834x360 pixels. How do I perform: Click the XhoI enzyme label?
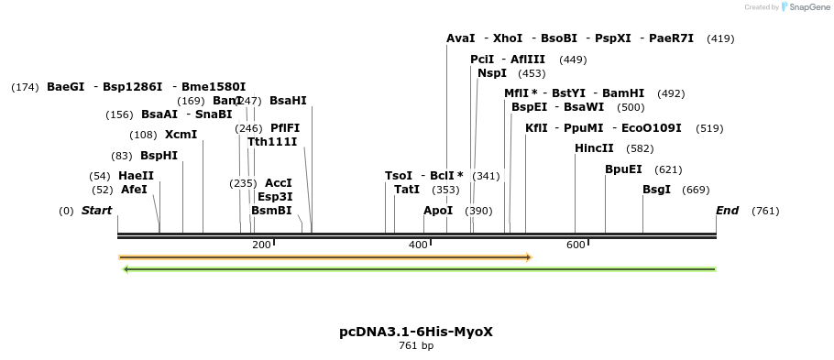(x=508, y=38)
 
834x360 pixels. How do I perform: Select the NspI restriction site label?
(x=492, y=73)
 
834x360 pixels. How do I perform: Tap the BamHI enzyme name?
(x=623, y=93)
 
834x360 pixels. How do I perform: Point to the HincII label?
(x=594, y=148)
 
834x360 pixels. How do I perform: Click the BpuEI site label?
(x=623, y=169)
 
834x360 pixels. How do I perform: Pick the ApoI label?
(x=438, y=211)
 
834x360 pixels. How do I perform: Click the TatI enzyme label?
(x=407, y=190)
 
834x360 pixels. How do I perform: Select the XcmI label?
(x=181, y=135)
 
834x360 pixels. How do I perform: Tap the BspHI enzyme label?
(x=159, y=156)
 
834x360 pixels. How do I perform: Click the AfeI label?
(x=134, y=190)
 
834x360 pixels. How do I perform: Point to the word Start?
(x=96, y=211)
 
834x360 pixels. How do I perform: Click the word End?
(x=727, y=211)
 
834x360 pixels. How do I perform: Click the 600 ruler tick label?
(x=576, y=245)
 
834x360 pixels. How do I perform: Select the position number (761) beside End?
(x=765, y=212)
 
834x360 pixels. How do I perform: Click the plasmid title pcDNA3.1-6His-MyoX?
(x=416, y=332)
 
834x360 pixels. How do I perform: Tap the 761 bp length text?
(x=416, y=346)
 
